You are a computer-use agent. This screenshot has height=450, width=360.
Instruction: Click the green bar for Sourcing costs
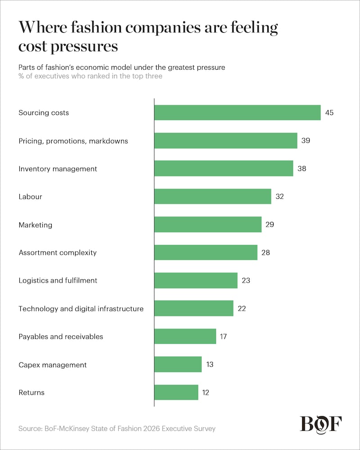point(237,112)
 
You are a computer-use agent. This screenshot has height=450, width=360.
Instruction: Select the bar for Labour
point(212,196)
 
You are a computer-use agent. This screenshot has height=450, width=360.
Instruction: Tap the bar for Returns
point(176,392)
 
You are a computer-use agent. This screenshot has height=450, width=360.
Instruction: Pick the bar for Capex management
point(178,364)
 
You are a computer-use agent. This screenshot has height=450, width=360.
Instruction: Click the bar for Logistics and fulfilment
point(196,280)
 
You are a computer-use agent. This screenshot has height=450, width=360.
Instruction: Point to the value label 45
point(329,112)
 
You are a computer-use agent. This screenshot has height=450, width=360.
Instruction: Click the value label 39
point(306,140)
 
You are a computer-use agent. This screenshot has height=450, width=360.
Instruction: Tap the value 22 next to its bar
point(242,309)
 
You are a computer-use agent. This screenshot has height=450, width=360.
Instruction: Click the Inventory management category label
point(58,169)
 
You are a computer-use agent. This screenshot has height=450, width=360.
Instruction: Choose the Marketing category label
point(35,225)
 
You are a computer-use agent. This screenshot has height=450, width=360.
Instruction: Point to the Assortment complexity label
point(58,252)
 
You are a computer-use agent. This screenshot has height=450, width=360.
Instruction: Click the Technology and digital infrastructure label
point(81,309)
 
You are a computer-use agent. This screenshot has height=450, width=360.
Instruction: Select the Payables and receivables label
point(61,337)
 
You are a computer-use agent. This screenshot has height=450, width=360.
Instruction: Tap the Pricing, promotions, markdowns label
point(73,141)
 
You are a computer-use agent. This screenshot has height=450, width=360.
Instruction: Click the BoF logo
point(321,424)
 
